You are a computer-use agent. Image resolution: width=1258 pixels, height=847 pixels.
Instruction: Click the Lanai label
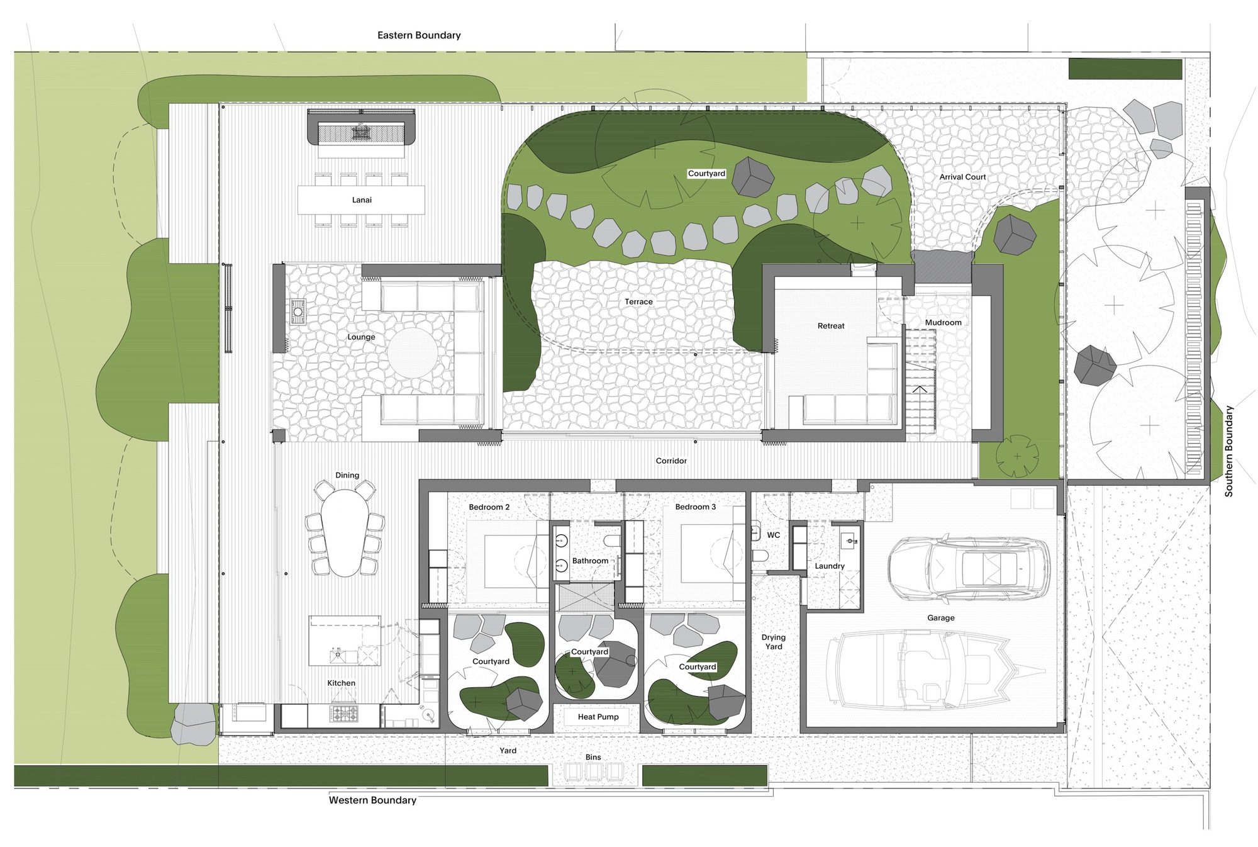click(x=362, y=200)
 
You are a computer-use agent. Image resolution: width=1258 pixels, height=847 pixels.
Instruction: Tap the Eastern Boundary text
click(x=419, y=35)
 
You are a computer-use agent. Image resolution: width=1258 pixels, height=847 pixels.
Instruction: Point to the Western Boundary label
click(x=372, y=800)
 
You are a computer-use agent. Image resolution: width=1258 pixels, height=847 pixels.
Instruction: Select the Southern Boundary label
click(x=1228, y=451)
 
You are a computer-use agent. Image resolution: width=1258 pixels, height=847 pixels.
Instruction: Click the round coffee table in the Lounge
click(x=412, y=353)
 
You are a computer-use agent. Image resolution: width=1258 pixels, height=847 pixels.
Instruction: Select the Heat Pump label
click(x=598, y=717)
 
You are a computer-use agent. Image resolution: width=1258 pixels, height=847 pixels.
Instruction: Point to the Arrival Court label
click(x=962, y=177)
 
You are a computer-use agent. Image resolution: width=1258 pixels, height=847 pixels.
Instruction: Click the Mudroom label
click(x=943, y=322)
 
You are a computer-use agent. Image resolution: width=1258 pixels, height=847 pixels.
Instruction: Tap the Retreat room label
click(x=831, y=326)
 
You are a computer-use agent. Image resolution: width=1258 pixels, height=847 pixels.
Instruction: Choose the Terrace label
click(x=638, y=302)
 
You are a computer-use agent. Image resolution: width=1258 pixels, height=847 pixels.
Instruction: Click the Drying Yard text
click(x=774, y=642)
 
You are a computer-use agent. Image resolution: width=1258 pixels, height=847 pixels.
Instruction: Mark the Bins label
click(x=593, y=757)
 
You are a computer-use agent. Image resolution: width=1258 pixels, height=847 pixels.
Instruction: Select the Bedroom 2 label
click(x=489, y=507)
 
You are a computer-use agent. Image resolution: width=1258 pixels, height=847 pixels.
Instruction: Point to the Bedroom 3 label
click(x=695, y=507)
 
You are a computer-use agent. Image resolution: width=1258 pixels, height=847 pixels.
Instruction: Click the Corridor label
click(x=671, y=461)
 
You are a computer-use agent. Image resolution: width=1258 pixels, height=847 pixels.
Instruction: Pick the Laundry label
click(x=829, y=566)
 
